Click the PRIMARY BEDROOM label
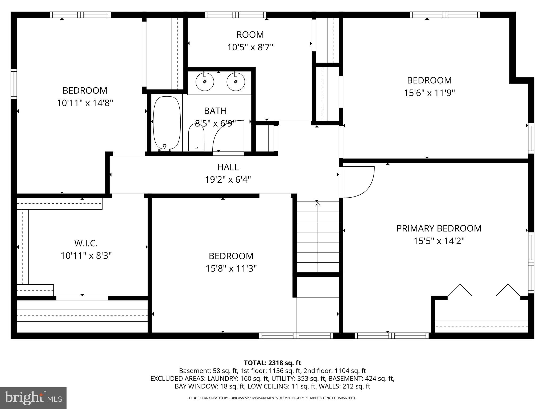coord(439,228)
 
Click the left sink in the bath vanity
coord(205,82)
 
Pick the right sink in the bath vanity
coord(236,82)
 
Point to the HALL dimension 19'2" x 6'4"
coord(228,180)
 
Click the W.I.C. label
coord(86,243)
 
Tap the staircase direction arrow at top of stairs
coord(318,204)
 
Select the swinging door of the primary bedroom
coord(358,182)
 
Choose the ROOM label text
coord(250,35)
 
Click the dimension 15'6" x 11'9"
coord(429,93)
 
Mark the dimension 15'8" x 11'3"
coord(231,268)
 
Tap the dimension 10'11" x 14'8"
coord(85,103)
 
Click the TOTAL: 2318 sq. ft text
coord(272,363)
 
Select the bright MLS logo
coord(33,398)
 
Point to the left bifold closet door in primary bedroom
coord(460,291)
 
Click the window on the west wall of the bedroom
coord(14,84)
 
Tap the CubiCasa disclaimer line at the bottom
coord(272,398)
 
